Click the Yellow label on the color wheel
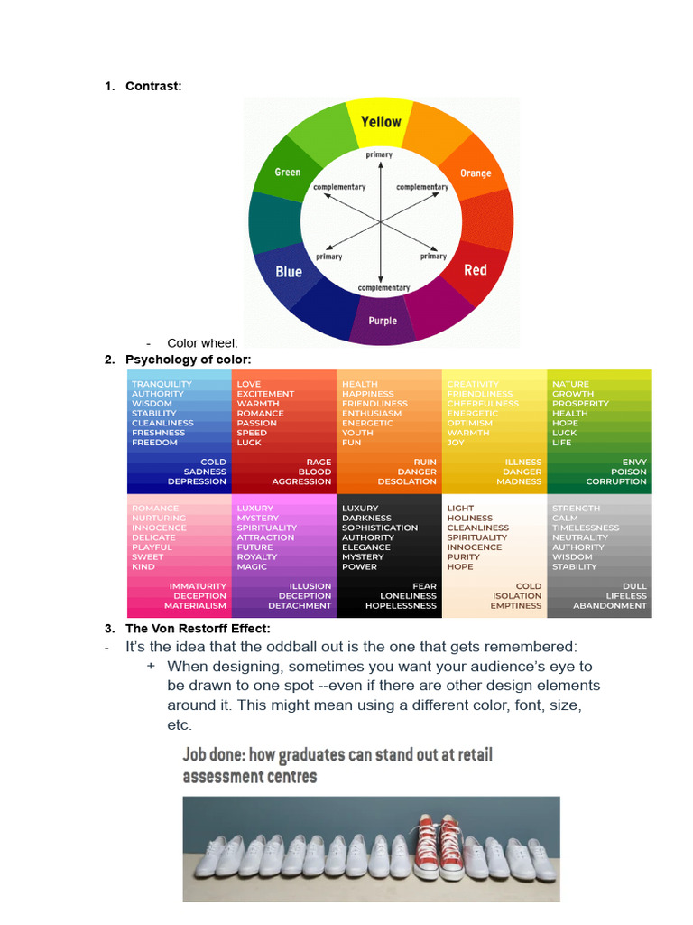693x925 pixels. (381, 122)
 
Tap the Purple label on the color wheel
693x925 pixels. (383, 321)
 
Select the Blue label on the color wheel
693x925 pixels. (289, 271)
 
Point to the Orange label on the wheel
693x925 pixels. (476, 173)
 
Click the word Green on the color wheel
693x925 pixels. (288, 173)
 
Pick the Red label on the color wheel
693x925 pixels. (476, 270)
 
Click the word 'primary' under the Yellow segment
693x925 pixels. (379, 155)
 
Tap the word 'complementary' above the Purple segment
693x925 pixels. (383, 288)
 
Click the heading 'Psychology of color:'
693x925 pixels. (188, 360)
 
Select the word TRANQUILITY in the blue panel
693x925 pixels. (162, 385)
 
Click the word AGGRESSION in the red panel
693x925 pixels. (301, 481)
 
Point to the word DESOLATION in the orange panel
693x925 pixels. (407, 481)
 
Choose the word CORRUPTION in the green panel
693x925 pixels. (616, 481)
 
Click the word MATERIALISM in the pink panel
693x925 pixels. (195, 606)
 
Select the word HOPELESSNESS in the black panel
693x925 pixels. (401, 606)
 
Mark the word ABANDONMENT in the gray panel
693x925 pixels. (610, 606)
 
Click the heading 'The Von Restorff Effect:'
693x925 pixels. (185, 628)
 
